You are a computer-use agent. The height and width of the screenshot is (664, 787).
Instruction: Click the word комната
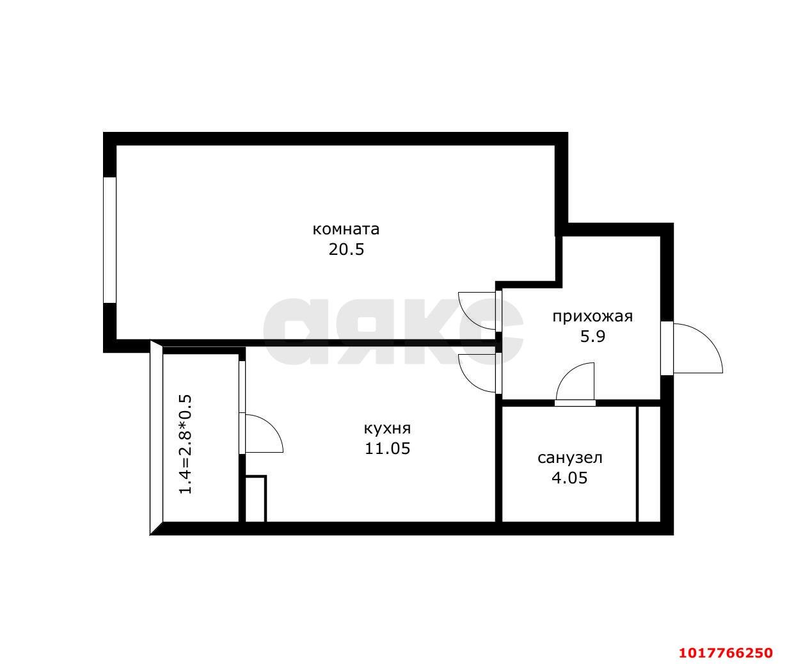pyautogui.click(x=346, y=229)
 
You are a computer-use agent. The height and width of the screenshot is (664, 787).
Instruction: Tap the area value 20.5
pyautogui.click(x=346, y=249)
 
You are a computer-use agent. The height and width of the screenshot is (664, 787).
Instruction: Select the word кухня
pyautogui.click(x=387, y=428)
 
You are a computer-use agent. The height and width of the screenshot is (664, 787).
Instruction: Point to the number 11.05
pyautogui.click(x=387, y=449)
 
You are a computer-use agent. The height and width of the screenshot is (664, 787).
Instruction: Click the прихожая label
pyautogui.click(x=592, y=316)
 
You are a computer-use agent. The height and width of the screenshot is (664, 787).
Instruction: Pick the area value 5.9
pyautogui.click(x=592, y=336)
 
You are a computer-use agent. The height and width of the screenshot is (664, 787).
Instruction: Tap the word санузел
pyautogui.click(x=570, y=458)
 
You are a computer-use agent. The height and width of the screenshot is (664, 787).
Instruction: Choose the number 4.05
pyautogui.click(x=569, y=478)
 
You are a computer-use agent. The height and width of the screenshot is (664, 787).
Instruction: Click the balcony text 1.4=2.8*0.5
pyautogui.click(x=186, y=444)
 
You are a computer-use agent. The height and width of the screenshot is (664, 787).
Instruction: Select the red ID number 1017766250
pyautogui.click(x=726, y=652)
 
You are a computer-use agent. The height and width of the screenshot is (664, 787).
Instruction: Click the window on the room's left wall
pyautogui.click(x=109, y=240)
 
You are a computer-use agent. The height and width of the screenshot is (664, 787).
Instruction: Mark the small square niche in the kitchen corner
pyautogui.click(x=256, y=499)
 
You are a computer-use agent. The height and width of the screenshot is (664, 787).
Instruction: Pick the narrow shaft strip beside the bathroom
pyautogui.click(x=649, y=464)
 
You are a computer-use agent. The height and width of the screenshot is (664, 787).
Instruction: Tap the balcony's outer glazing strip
pyautogui.click(x=156, y=437)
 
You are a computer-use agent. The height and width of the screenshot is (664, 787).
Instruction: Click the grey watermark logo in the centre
pyautogui.click(x=393, y=332)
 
